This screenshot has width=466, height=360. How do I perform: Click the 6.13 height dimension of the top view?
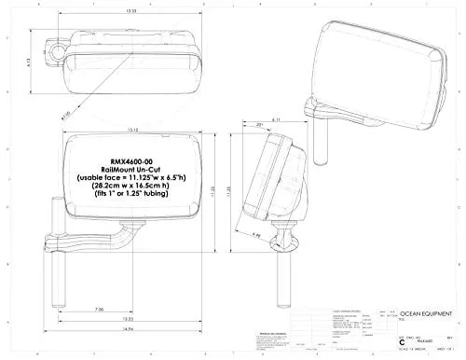tap(33, 58)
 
